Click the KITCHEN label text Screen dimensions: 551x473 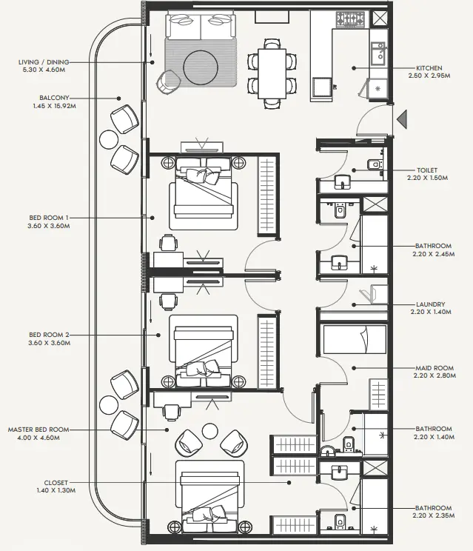429,67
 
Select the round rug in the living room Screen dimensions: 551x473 202,67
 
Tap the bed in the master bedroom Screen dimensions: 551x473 209,496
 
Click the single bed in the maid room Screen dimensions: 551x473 355,340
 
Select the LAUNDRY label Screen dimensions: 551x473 429,304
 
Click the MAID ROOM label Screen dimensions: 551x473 432,367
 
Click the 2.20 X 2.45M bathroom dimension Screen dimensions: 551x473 432,254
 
